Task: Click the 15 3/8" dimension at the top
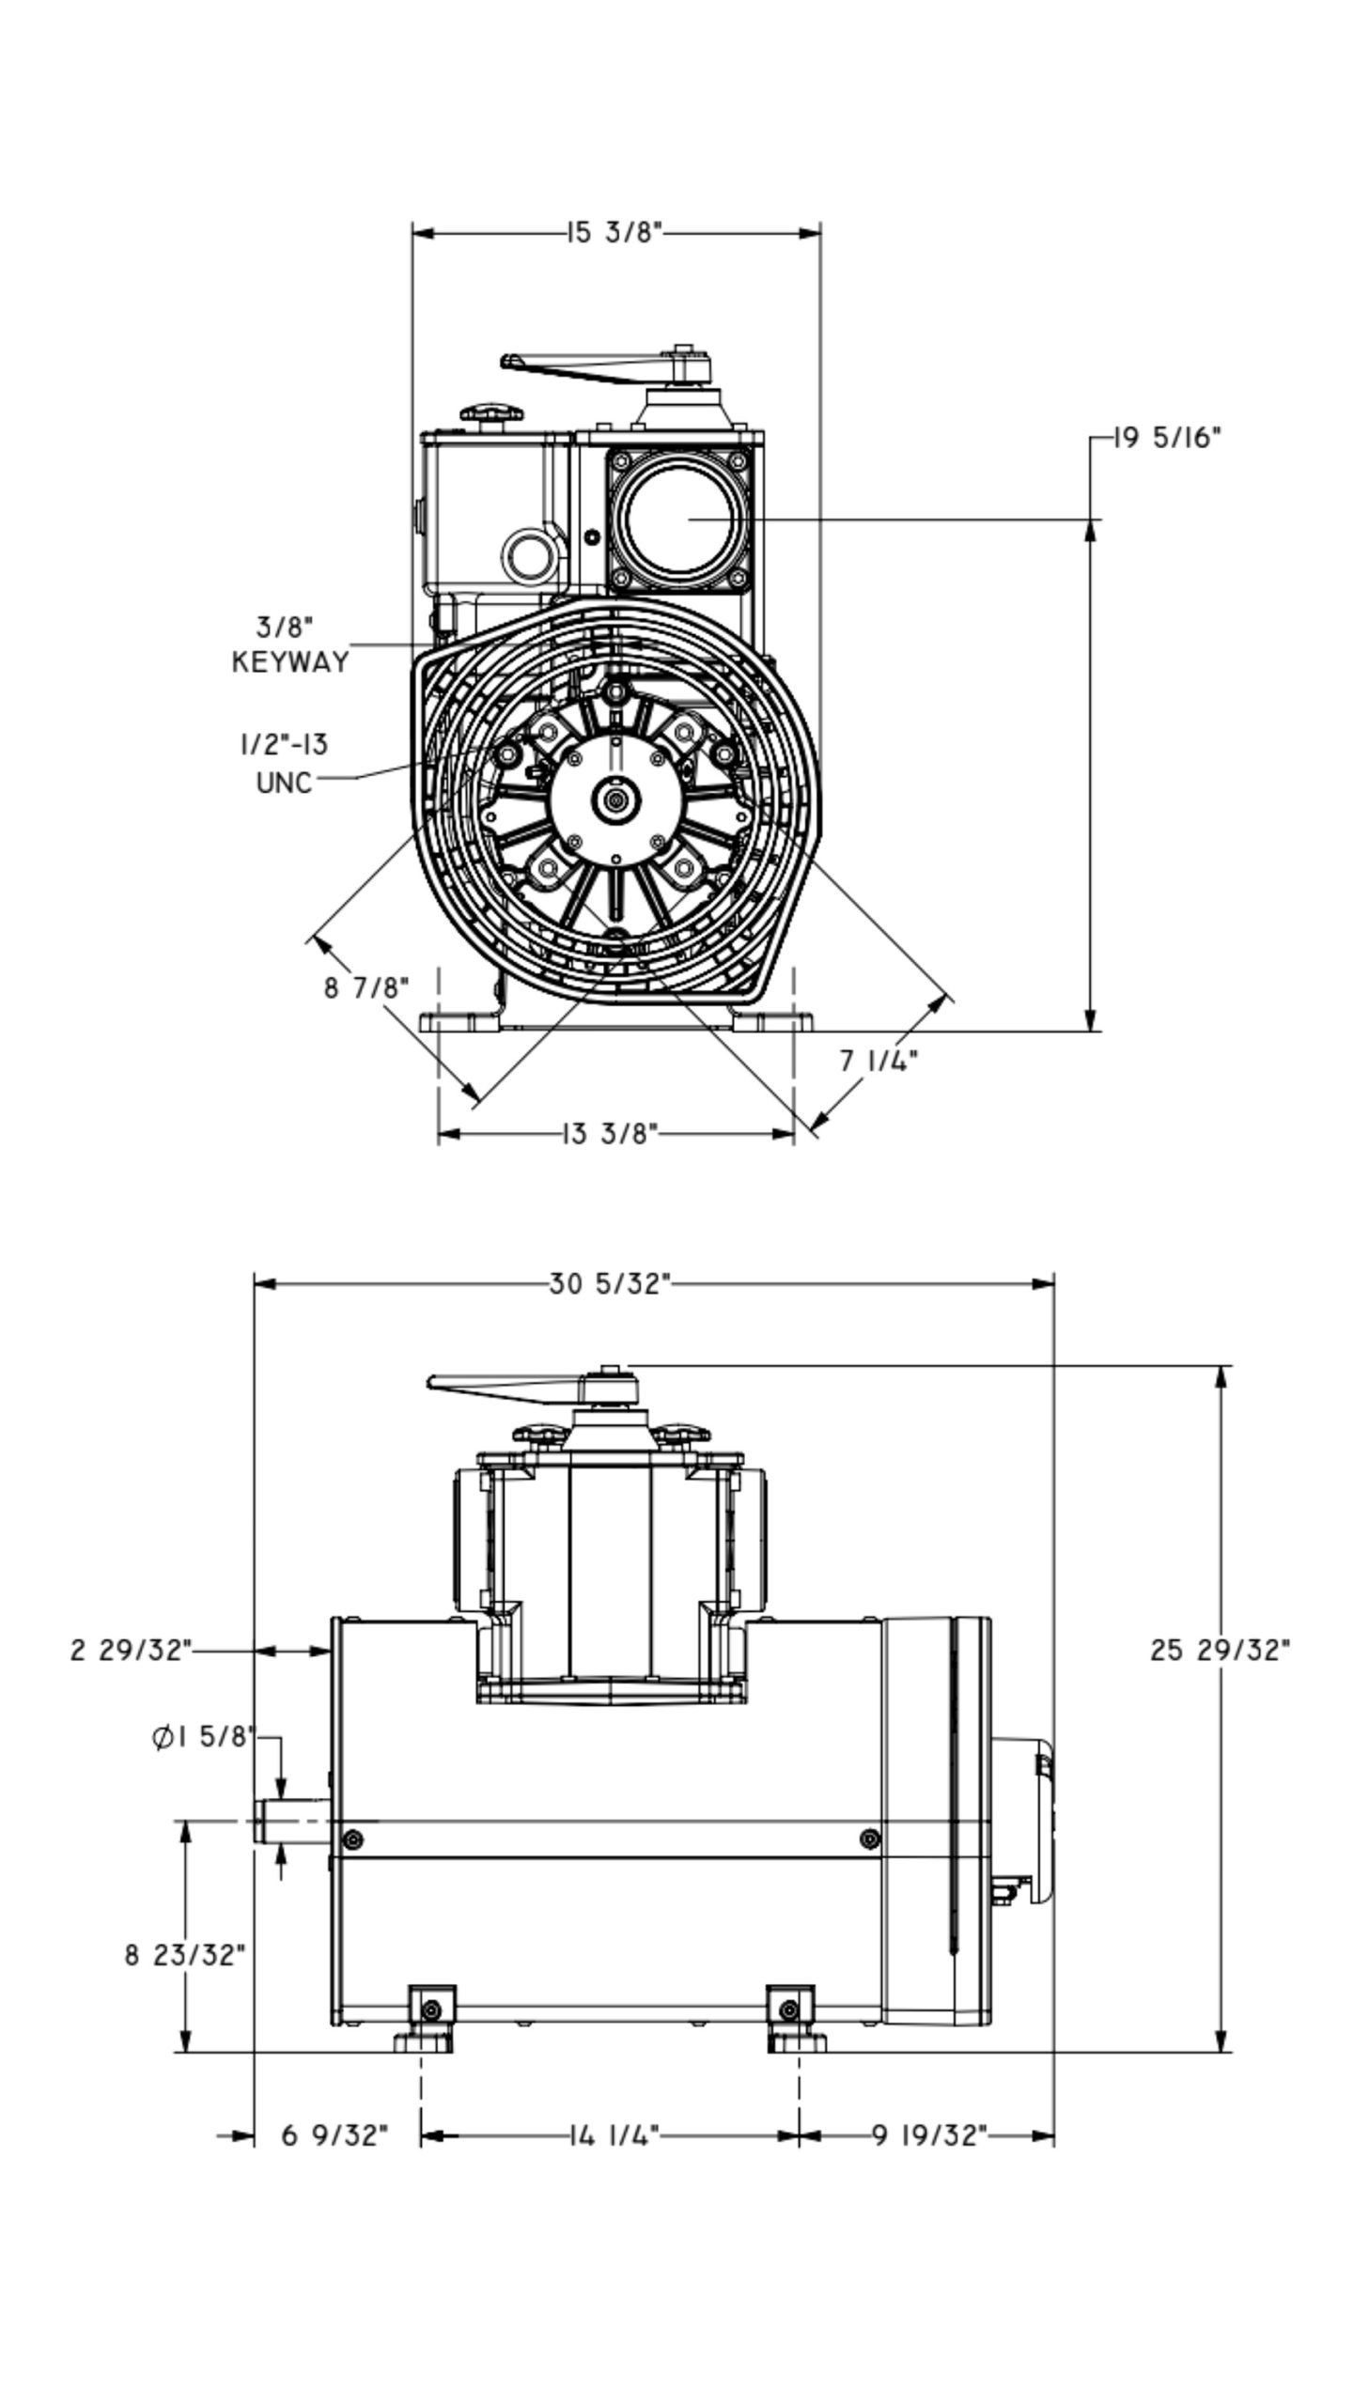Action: point(615,232)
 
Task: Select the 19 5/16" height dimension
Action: point(1168,438)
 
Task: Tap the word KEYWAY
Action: point(289,661)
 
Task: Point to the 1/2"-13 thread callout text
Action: point(283,745)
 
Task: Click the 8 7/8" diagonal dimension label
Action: point(367,987)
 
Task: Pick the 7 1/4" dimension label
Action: point(879,1061)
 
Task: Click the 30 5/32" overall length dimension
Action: point(610,1283)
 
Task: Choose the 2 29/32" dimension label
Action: point(131,1650)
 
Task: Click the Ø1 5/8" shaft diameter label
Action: point(203,1737)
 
